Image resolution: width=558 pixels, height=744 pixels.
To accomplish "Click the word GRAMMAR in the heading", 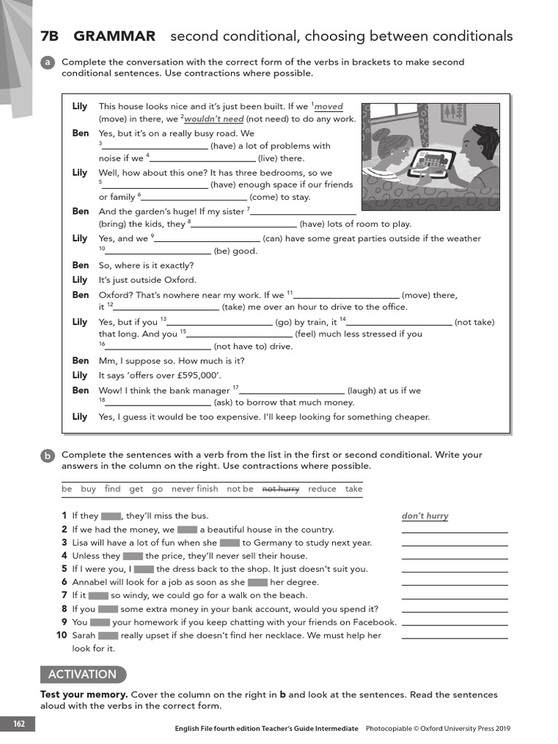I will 115,36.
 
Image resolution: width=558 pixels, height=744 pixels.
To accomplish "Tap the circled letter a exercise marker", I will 48,63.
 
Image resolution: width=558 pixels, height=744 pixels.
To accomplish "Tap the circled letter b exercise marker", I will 48,456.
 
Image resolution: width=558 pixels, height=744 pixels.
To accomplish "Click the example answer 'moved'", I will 328,107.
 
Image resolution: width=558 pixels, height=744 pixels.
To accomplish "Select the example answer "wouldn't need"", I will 214,119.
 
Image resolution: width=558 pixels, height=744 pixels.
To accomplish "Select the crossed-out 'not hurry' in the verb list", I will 280,489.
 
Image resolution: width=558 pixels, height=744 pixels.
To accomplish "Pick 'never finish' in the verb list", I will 195,489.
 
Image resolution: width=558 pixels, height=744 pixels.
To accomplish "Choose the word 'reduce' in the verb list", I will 322,489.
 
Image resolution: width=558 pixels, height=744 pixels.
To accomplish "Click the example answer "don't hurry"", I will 425,517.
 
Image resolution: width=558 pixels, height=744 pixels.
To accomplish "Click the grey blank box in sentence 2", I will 187,530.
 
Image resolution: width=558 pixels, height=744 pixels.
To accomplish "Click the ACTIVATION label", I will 82,674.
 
